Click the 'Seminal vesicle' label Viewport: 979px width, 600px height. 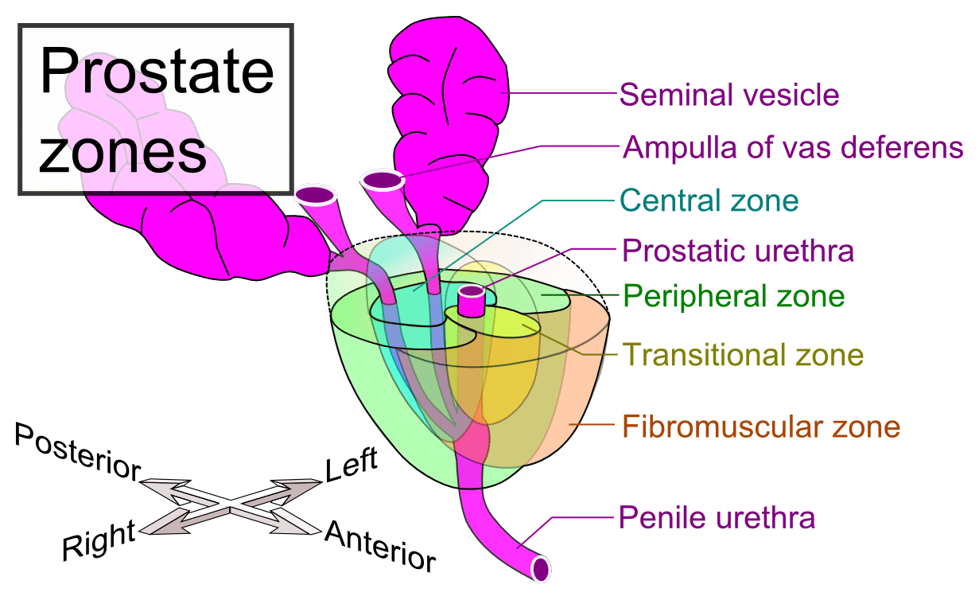click(728, 95)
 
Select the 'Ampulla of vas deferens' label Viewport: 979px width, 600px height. click(792, 147)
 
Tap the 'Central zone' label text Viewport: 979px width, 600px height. click(709, 200)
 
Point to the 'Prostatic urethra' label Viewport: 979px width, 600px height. click(738, 251)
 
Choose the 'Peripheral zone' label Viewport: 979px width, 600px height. click(732, 297)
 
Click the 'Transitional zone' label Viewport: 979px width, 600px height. click(742, 354)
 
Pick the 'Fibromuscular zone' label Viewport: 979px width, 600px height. click(760, 427)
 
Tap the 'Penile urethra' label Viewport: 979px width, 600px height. click(717, 518)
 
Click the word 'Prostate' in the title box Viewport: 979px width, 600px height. click(157, 73)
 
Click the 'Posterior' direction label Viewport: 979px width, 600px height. click(76, 452)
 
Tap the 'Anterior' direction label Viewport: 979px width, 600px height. click(380, 545)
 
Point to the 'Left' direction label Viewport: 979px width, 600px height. click(351, 465)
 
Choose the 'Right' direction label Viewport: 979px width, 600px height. click(99, 541)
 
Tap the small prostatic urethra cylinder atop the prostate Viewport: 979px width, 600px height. click(472, 300)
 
